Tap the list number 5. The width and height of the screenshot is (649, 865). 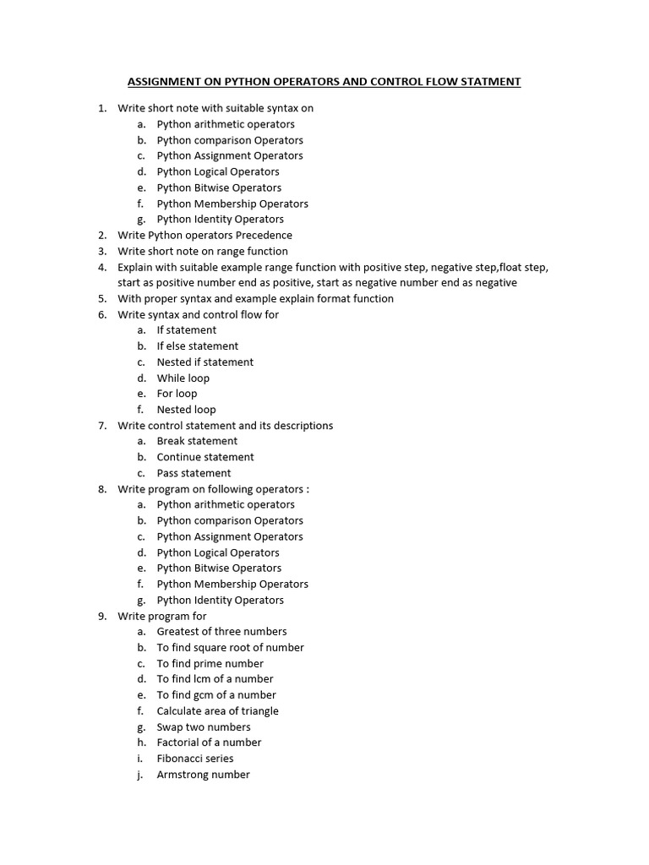(101, 298)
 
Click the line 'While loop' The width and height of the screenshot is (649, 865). (183, 378)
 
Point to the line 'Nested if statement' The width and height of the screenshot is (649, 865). (205, 362)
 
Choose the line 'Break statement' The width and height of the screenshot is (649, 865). (197, 441)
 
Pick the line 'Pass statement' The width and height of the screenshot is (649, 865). (194, 473)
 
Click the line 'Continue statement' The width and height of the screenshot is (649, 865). (205, 457)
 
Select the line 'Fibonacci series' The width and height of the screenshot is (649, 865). (195, 759)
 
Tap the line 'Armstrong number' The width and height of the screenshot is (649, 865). (203, 775)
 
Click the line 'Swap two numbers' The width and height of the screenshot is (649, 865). (204, 726)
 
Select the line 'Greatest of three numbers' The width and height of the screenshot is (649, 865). (221, 631)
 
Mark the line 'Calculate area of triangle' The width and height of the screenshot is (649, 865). (217, 711)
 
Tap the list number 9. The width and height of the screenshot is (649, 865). (101, 616)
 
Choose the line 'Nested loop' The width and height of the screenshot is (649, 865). (186, 410)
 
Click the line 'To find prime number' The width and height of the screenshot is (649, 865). (210, 663)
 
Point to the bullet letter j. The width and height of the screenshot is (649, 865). (141, 775)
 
